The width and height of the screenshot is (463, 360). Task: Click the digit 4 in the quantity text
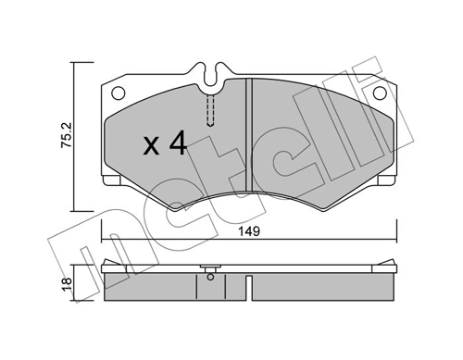tap(178, 144)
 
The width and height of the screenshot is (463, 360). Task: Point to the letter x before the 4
tap(152, 146)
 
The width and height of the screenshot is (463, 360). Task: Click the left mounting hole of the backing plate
tap(118, 93)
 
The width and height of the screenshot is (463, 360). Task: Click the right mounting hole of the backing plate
tap(380, 93)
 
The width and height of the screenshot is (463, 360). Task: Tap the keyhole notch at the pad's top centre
tap(211, 72)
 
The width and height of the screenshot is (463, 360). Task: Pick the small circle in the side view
tap(211, 274)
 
